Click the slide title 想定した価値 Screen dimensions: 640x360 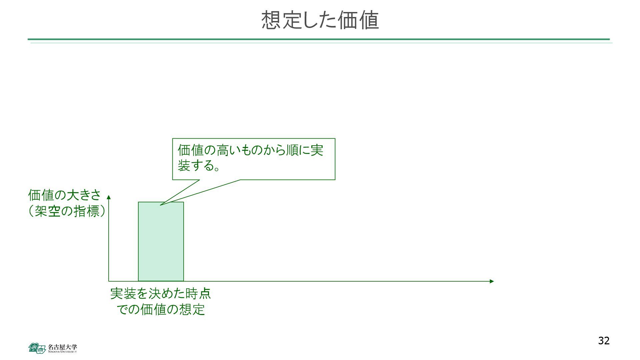point(320,20)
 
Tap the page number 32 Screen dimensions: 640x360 point(604,341)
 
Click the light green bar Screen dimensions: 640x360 point(161,242)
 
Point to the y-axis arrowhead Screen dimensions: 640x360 point(109,197)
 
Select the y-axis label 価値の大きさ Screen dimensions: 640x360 point(64,195)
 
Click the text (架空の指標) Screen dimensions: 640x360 point(67,211)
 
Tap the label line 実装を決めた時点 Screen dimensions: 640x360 point(160,294)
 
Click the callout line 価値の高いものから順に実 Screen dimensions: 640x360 point(250,150)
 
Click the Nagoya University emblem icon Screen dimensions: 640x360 point(37,348)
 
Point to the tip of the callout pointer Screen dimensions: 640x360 point(160,205)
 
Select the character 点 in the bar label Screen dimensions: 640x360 point(205,294)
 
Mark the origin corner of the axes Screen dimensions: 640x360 point(109,281)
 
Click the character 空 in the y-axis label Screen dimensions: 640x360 point(54,211)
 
